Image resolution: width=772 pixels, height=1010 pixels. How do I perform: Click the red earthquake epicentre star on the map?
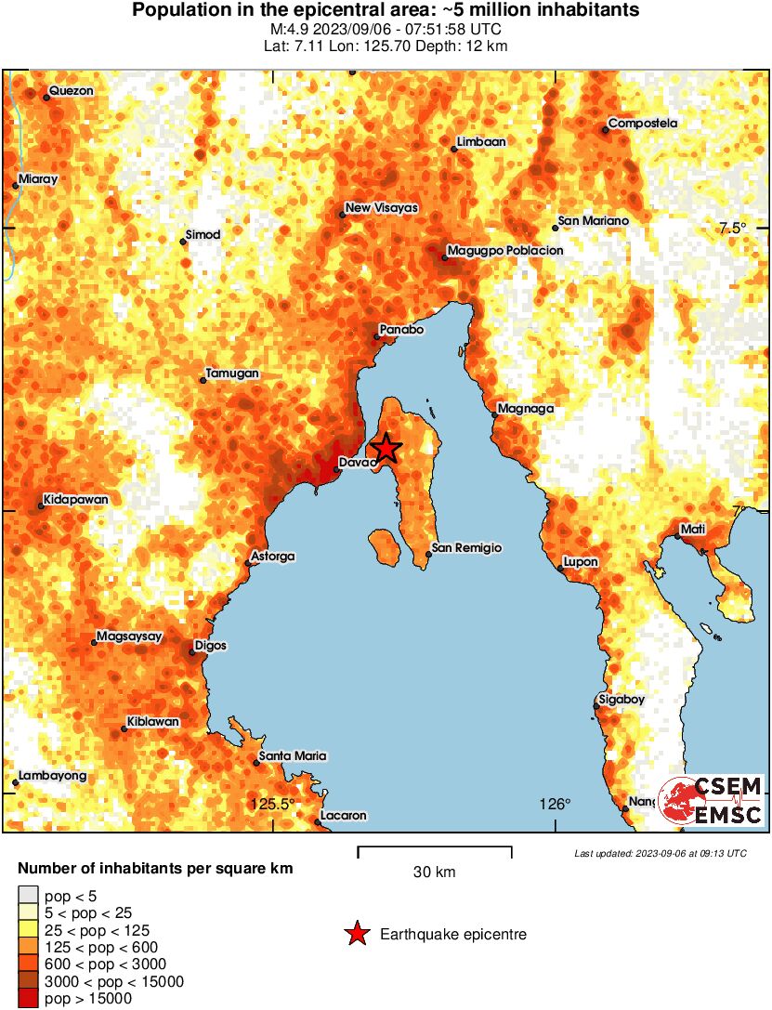[x=386, y=449]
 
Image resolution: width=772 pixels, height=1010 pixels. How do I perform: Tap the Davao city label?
[x=357, y=462]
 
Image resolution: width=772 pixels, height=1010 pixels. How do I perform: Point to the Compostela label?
[x=643, y=124]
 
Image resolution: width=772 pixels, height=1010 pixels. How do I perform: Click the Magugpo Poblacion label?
[x=505, y=251]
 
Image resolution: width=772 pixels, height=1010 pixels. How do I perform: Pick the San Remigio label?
[x=468, y=548]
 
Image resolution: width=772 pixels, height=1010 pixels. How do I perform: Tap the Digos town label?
[x=210, y=646]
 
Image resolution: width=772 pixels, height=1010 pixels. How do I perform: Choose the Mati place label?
[x=693, y=529]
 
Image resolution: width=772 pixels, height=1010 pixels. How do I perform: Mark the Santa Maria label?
[x=293, y=756]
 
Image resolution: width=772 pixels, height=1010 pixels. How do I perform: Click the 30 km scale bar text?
[x=434, y=872]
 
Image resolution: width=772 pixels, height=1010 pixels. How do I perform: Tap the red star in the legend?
[x=356, y=934]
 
